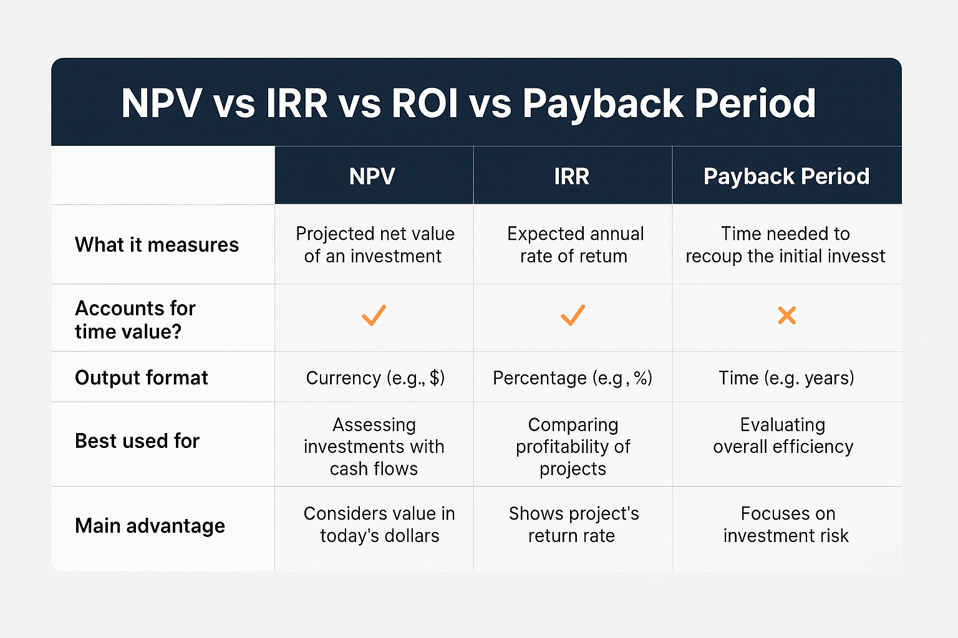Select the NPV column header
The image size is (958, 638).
(372, 176)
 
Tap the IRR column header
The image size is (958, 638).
(572, 176)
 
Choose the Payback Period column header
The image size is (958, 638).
(786, 176)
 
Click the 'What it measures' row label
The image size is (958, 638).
(157, 245)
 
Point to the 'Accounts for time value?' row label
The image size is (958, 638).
(135, 320)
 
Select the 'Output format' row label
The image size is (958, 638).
(141, 378)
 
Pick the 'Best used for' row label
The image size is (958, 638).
(137, 441)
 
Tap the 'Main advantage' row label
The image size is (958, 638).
(150, 526)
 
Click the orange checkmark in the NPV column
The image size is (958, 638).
(374, 315)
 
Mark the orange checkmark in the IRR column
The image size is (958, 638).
(573, 315)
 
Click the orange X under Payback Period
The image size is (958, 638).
(787, 315)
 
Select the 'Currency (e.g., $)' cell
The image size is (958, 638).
(375, 378)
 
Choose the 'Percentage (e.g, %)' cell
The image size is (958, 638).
(573, 378)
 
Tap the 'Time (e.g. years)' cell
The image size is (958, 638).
(786, 378)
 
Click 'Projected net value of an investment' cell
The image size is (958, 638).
(375, 245)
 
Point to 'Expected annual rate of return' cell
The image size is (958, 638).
(575, 245)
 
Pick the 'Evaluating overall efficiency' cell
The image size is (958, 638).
(783, 436)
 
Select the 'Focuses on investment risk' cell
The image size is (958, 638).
(786, 525)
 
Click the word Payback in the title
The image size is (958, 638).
(603, 104)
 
